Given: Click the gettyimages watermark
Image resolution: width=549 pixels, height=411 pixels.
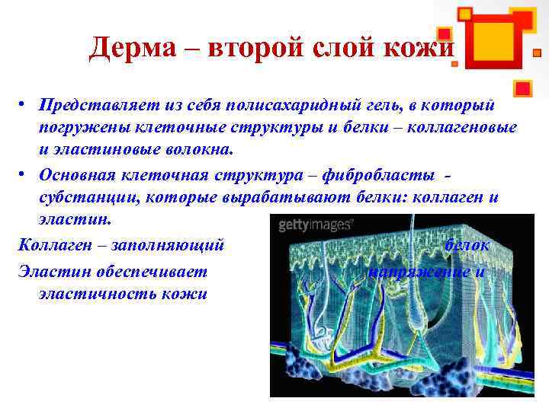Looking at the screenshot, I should click(x=314, y=225).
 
